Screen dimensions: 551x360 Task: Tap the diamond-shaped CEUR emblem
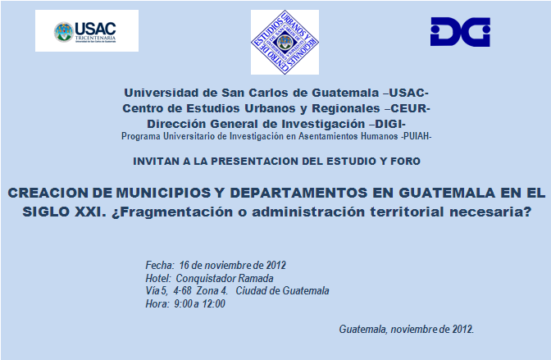tap(285, 42)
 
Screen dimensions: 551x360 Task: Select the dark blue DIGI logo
tap(460, 32)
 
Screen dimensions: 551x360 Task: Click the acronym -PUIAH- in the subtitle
tap(417, 136)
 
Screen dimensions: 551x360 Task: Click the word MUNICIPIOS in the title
tap(163, 193)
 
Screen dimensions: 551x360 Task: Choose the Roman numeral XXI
tap(90, 212)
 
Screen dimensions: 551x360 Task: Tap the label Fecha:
tap(160, 265)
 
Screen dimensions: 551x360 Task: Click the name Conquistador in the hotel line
tap(206, 279)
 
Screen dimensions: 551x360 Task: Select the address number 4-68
tap(182, 291)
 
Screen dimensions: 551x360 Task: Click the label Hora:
tap(157, 303)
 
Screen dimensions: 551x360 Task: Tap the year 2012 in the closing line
tap(462, 329)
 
